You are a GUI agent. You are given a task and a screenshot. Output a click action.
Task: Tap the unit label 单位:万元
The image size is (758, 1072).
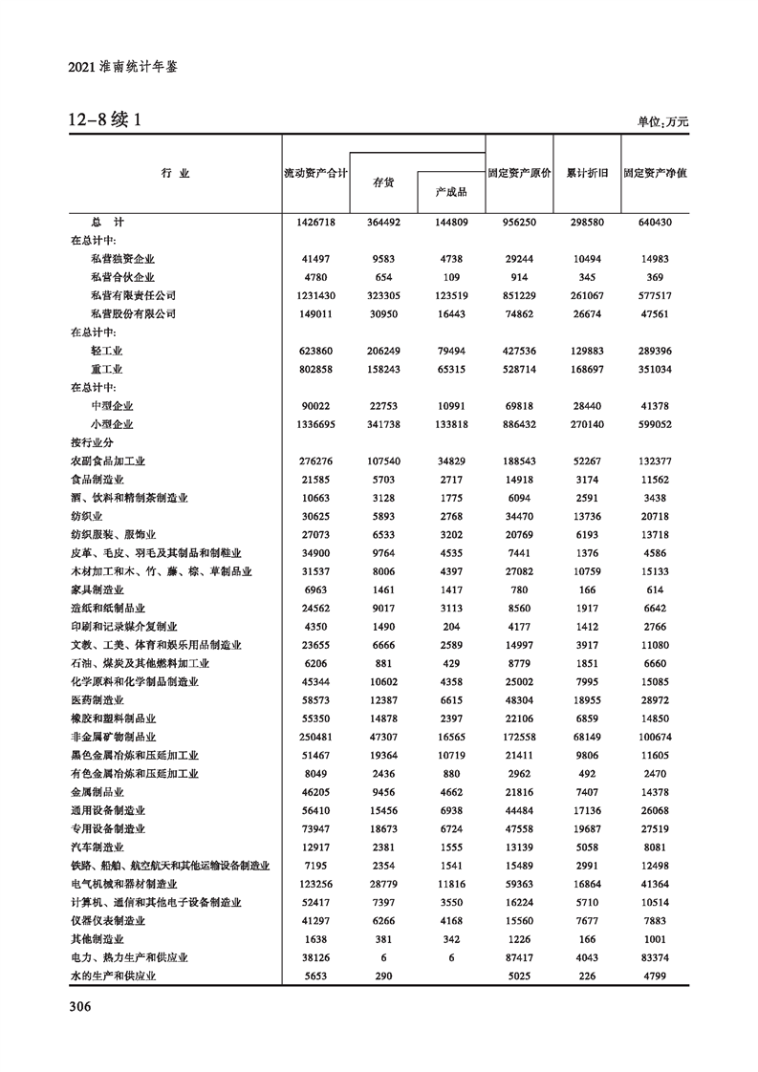click(x=662, y=122)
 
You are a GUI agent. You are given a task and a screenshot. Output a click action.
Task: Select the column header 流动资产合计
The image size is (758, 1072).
click(x=315, y=174)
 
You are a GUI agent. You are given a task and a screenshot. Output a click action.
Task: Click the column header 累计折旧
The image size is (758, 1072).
click(x=587, y=174)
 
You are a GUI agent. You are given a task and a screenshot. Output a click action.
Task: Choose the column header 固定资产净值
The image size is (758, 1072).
click(x=656, y=174)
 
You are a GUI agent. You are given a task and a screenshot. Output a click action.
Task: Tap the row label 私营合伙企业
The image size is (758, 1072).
click(x=122, y=277)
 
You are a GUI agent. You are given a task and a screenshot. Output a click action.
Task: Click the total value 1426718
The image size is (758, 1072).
click(x=315, y=222)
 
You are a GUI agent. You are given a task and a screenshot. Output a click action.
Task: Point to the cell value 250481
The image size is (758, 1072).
click(x=315, y=737)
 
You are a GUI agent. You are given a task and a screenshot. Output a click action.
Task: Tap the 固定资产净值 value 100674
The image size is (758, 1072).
click(x=655, y=737)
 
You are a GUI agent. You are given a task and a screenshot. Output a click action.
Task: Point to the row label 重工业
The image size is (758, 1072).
click(x=107, y=369)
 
